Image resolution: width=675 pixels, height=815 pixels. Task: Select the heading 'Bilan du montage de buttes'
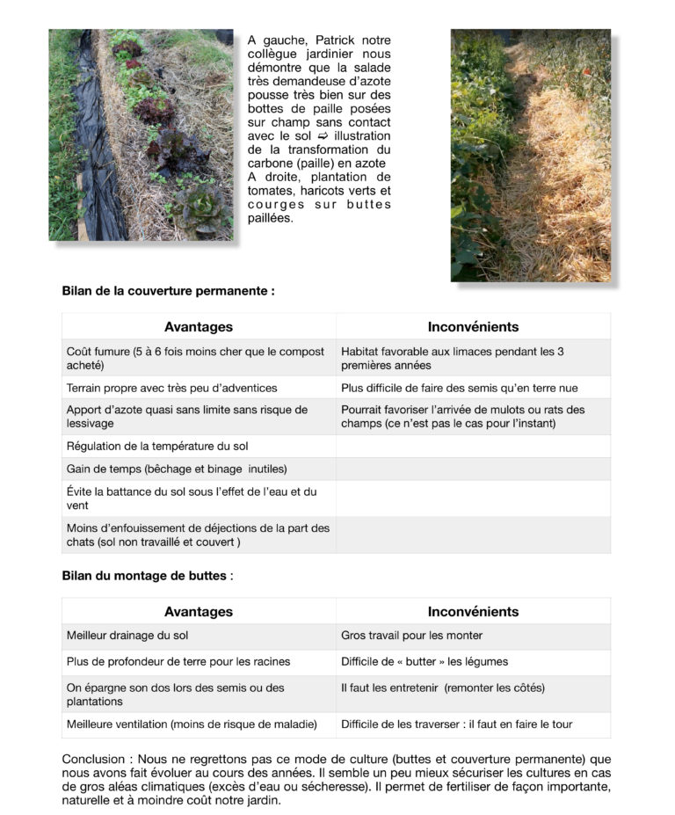click(146, 576)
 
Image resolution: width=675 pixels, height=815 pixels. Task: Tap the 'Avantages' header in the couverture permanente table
click(199, 327)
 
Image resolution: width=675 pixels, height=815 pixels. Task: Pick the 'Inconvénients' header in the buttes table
click(473, 612)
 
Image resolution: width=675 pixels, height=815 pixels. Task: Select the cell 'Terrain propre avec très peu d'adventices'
click(171, 388)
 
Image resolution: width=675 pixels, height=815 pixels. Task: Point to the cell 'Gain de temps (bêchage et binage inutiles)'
click(177, 469)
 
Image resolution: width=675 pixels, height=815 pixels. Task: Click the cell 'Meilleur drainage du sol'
click(127, 636)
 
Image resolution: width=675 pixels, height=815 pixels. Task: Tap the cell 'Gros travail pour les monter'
click(411, 636)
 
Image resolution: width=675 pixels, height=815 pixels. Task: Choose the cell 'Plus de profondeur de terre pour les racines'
click(178, 661)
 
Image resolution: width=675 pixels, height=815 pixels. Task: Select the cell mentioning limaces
click(453, 358)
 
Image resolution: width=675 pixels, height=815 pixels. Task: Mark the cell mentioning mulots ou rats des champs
click(463, 417)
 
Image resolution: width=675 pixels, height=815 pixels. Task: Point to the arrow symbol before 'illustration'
click(323, 136)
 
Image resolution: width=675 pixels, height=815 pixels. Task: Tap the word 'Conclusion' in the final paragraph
click(91, 759)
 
